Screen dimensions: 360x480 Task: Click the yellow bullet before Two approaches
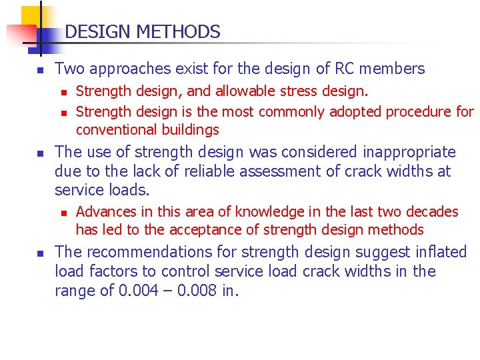pos(40,69)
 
